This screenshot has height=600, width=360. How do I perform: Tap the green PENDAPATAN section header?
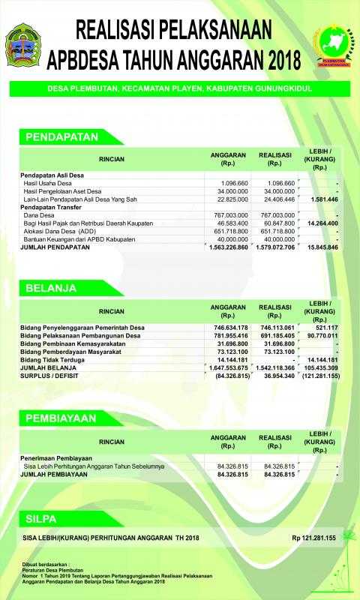point(63,137)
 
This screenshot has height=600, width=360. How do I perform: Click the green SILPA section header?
point(41,517)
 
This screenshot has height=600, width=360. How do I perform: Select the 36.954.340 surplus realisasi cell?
point(280,376)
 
